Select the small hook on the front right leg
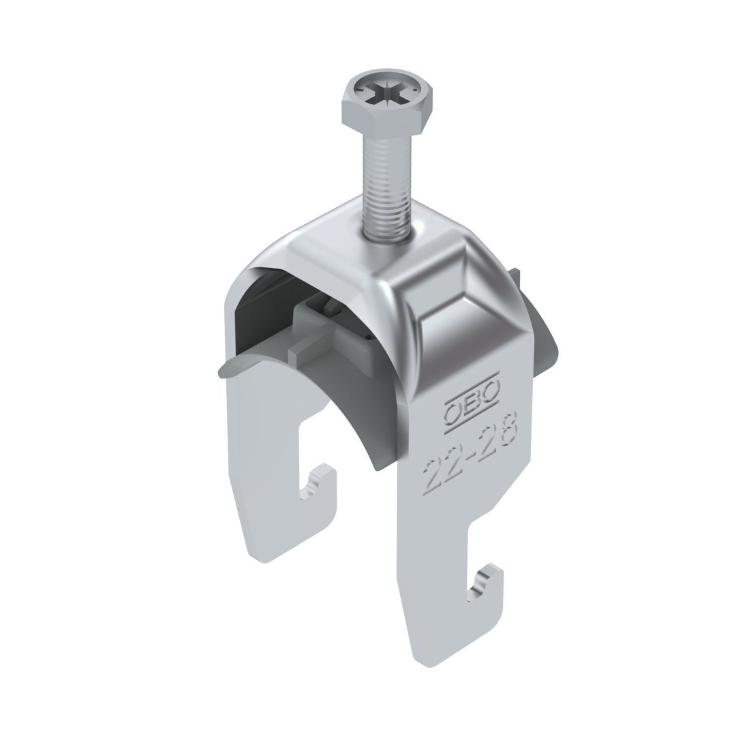485,581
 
